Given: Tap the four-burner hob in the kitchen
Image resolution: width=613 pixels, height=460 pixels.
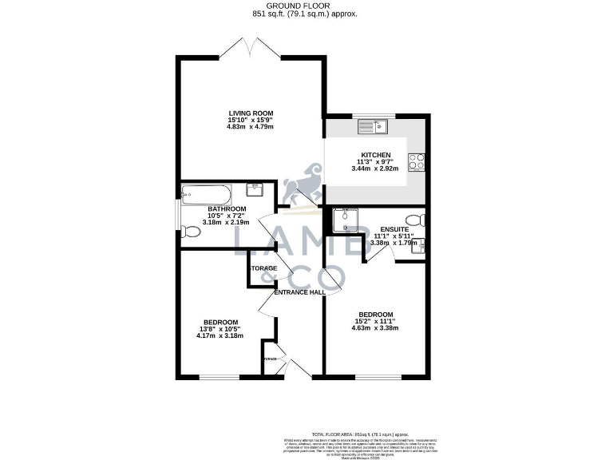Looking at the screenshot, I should [417, 162].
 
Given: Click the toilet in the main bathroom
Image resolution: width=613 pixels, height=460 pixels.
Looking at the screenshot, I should [190, 232].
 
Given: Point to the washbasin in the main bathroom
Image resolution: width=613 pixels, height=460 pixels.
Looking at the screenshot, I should [256, 190].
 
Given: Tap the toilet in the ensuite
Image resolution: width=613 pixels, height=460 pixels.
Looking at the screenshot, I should [414, 220].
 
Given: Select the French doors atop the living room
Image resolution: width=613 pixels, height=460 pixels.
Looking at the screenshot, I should [251, 47].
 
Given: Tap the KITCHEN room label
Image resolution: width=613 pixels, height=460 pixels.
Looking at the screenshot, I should [375, 155].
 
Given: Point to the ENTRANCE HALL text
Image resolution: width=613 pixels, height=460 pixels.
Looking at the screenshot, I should [299, 292].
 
